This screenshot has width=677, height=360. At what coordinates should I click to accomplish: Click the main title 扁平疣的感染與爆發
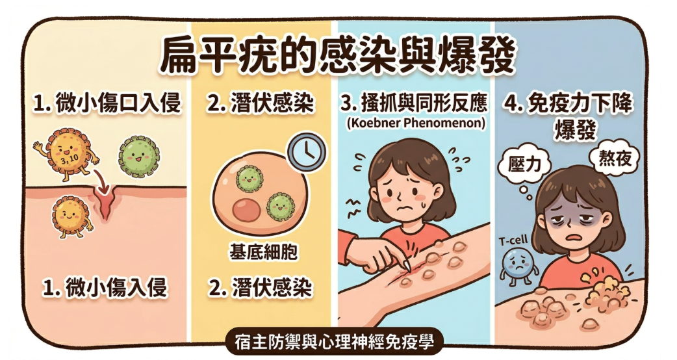[x=337, y=56]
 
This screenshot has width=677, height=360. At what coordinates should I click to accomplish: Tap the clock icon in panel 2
[x=307, y=152]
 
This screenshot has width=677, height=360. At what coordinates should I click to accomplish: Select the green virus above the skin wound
[x=138, y=156]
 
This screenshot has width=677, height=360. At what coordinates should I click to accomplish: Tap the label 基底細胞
[x=263, y=252]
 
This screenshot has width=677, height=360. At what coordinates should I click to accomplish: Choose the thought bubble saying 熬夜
[x=609, y=156]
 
